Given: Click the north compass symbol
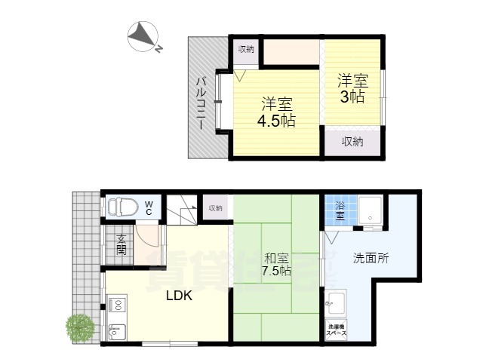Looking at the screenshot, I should (143, 37).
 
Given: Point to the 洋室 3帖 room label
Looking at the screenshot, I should (351, 87).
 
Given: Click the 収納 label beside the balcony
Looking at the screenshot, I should (246, 50).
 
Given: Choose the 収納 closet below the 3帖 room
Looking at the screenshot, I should (352, 141).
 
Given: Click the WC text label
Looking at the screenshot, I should (149, 207).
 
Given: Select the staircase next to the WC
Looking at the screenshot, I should (182, 208).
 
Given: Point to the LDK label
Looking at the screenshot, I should (180, 296).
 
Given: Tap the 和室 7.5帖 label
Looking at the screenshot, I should (276, 264).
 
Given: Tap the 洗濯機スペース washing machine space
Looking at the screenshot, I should (336, 330).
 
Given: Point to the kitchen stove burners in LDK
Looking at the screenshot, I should (117, 305).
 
